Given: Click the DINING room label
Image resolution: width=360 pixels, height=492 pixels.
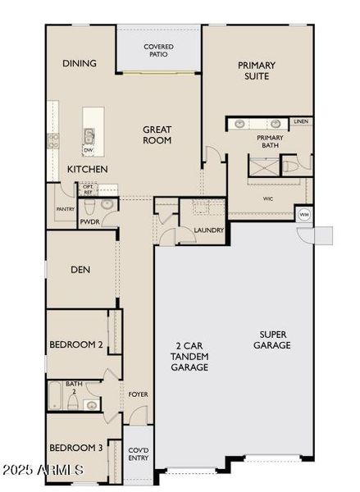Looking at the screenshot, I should click(79, 63).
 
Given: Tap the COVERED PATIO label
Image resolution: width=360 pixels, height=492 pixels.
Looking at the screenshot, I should click(158, 51).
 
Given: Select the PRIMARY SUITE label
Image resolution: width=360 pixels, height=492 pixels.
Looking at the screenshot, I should click(257, 71).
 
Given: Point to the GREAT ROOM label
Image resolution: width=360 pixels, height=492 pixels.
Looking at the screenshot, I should click(157, 134).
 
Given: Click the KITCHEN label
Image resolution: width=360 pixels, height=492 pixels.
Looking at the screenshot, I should click(87, 169).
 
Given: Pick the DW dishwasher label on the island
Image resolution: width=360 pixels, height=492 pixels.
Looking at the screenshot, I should click(87, 150).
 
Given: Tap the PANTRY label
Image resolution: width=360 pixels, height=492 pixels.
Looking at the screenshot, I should click(66, 209).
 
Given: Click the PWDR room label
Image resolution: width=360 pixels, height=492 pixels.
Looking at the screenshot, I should click(89, 221).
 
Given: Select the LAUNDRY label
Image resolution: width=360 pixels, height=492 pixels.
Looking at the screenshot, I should click(209, 230).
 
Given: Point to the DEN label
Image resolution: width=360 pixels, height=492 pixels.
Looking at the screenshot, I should click(80, 269).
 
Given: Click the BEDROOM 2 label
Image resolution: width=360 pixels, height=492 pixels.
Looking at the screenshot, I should click(75, 345).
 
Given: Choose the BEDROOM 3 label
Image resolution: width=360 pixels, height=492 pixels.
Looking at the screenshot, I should click(75, 448).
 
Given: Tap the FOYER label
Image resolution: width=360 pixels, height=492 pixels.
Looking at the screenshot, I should click(138, 394).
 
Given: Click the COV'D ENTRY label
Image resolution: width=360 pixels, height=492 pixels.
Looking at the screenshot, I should click(138, 453).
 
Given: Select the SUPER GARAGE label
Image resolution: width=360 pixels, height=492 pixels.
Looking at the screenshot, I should click(275, 339).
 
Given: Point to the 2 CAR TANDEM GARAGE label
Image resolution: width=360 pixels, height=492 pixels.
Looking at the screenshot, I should click(190, 356).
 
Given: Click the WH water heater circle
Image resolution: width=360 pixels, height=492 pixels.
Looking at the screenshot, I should click(303, 215).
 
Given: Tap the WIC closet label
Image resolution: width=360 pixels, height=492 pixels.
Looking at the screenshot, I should click(267, 198).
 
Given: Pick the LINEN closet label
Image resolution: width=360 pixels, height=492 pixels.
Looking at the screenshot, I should click(300, 121).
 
